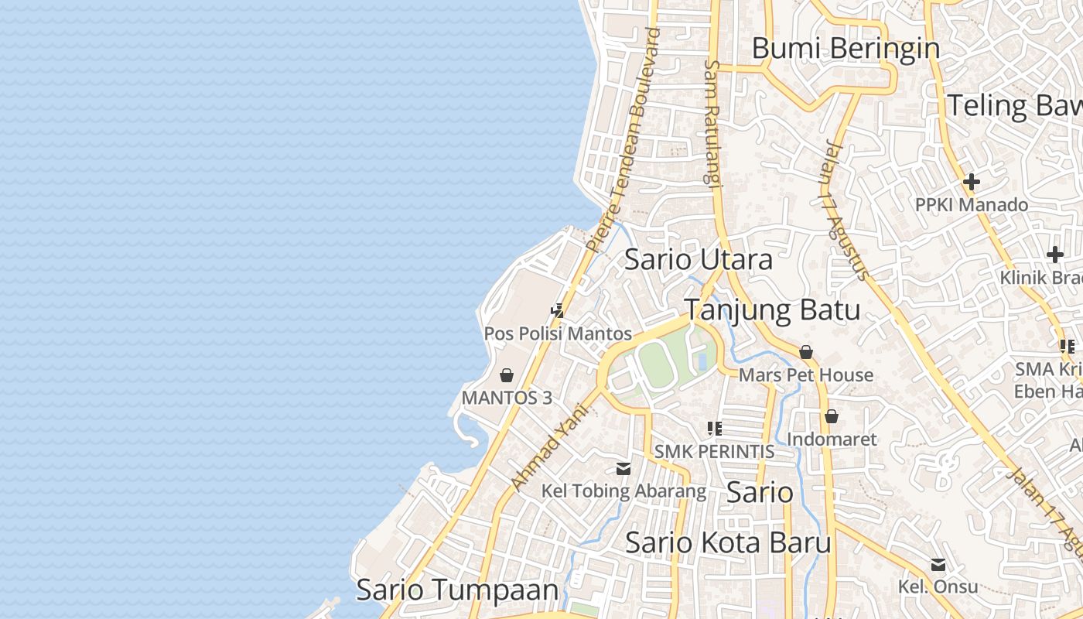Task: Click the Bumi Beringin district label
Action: coord(846,48)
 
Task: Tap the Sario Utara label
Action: coord(698,259)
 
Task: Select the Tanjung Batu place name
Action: coord(772,310)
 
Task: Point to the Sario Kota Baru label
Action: coord(728,542)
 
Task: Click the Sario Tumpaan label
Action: coord(456,590)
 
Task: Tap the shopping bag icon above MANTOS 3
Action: coord(507,375)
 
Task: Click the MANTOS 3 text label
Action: coord(507,398)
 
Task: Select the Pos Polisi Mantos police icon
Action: coord(557,311)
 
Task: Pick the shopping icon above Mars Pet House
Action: coord(806,352)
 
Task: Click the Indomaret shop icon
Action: coord(832,416)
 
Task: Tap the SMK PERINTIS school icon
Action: coord(714,428)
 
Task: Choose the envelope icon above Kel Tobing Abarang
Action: coord(623,468)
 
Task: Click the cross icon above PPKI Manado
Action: coord(971,183)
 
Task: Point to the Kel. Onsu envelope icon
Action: coord(938,565)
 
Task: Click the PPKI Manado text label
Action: coord(971,205)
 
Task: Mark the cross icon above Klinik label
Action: coord(1055,255)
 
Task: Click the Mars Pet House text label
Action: coord(806,375)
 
